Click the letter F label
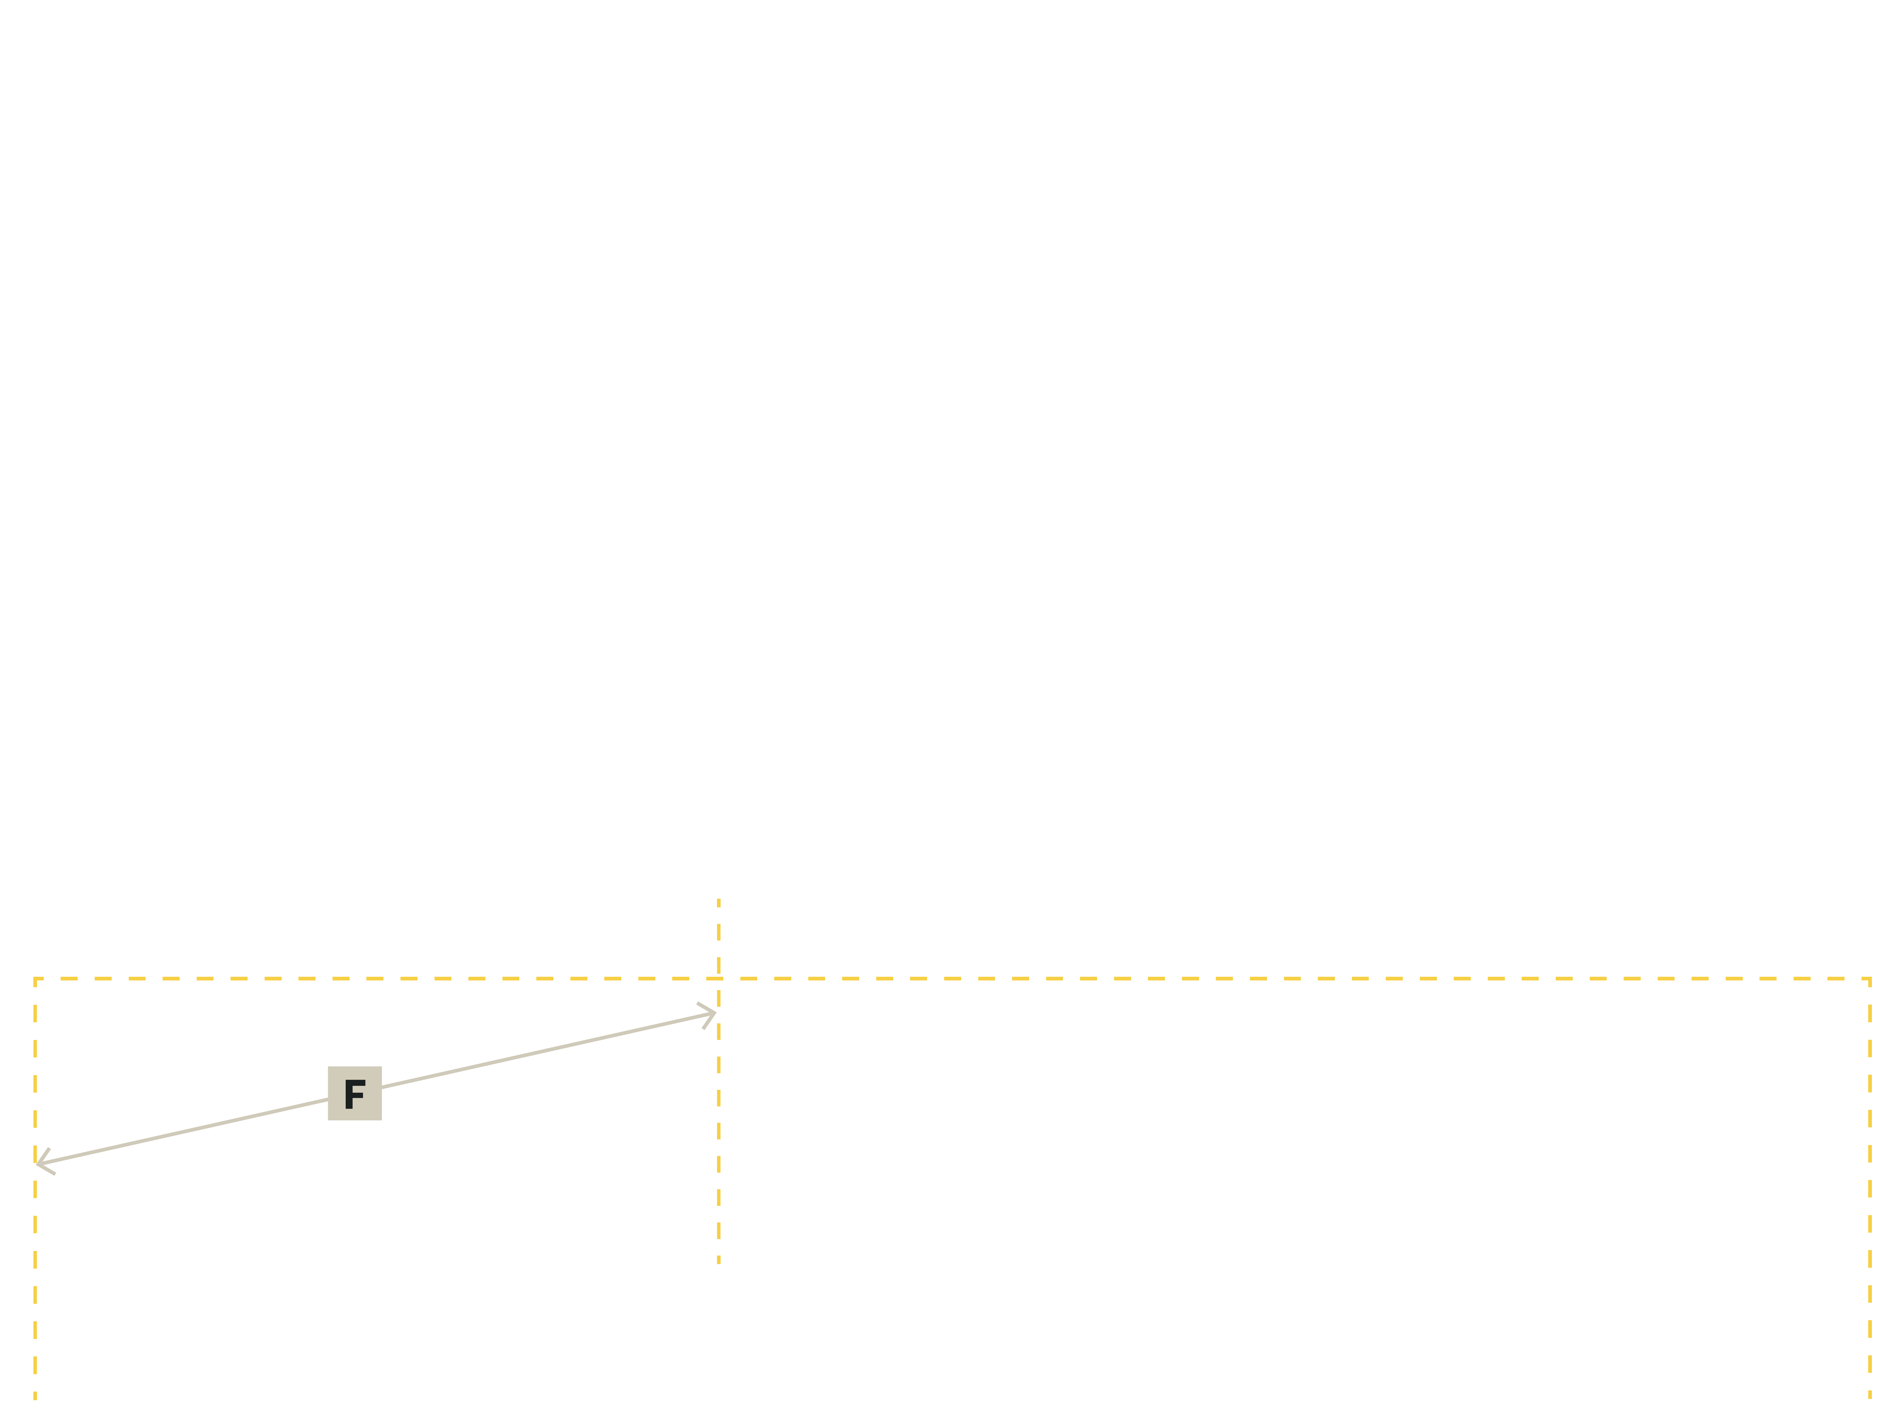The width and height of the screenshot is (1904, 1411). tap(354, 1094)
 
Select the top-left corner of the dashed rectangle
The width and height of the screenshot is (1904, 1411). tap(35, 979)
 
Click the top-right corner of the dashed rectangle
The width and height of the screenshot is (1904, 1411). tap(1870, 979)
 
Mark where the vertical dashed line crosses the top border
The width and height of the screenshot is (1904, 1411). tap(719, 979)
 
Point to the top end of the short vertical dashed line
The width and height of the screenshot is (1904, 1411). tap(719, 899)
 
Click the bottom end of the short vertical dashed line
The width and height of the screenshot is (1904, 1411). tap(719, 1262)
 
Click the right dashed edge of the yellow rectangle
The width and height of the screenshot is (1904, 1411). tap(1870, 1196)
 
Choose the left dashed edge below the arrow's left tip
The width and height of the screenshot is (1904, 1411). tap(35, 1281)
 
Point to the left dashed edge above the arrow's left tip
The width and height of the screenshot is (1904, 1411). tap(35, 1068)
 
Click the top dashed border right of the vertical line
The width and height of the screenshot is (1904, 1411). tap(1281, 979)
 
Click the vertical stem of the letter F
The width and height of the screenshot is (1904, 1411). tap(348, 1094)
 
